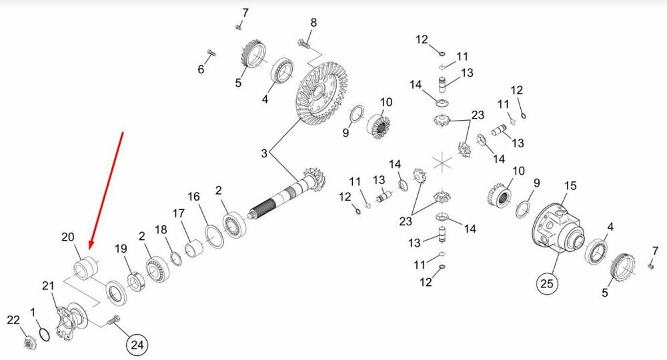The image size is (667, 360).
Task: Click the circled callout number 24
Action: coord(137,344)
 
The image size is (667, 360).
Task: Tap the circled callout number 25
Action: coord(547,283)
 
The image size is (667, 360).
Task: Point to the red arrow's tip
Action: coord(89,249)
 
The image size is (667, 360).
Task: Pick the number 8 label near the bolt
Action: coord(313,23)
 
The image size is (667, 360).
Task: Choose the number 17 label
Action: coord(179,213)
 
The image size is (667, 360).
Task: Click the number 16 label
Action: coord(193,197)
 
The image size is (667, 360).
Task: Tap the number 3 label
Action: coord(264,153)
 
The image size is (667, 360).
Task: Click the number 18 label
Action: coord(161,230)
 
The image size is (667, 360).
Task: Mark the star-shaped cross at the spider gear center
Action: coord(442,162)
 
